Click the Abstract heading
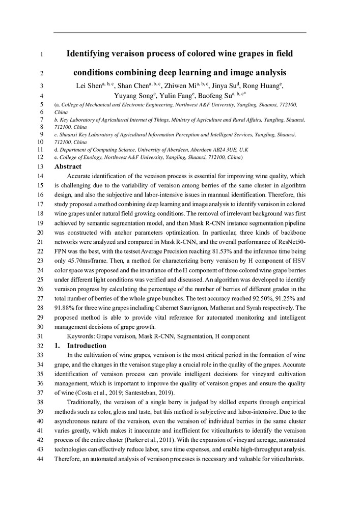pyautogui.click(x=68, y=166)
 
